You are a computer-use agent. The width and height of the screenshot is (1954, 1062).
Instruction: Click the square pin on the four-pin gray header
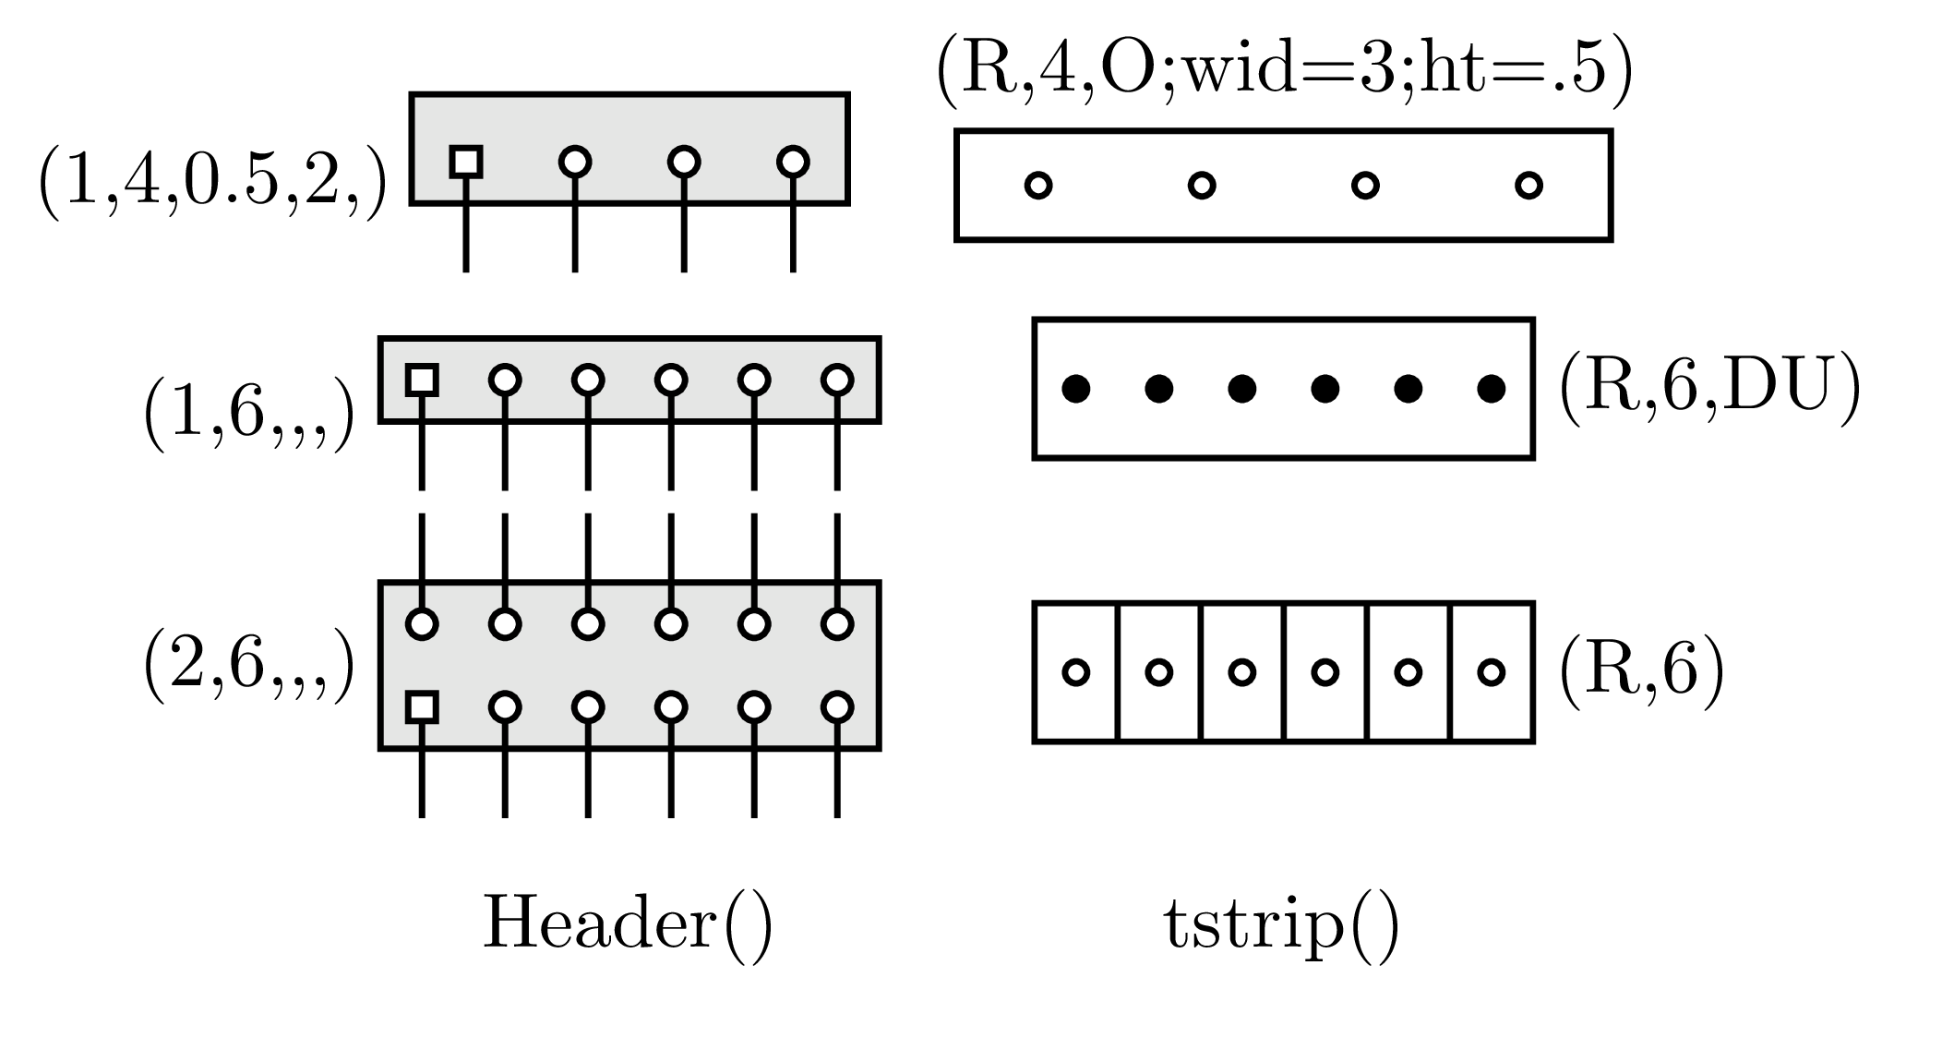tap(466, 162)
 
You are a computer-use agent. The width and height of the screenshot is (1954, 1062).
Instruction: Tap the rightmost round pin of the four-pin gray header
tap(793, 162)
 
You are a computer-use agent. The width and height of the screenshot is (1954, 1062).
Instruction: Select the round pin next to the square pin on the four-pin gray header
tap(575, 162)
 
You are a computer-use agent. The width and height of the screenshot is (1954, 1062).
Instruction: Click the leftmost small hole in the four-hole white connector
tap(1038, 186)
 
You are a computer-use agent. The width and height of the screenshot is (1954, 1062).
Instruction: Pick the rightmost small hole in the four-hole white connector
tap(1528, 186)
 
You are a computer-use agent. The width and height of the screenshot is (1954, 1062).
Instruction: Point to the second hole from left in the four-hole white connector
tap(1202, 186)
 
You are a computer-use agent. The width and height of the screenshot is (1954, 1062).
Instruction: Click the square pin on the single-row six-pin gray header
tap(422, 380)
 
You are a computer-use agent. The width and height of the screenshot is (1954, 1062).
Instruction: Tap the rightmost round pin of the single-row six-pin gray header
tap(837, 380)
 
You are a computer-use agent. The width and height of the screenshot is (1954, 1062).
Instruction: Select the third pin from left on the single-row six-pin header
tap(588, 380)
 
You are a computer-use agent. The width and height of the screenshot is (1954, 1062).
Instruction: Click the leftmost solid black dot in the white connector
tap(1076, 389)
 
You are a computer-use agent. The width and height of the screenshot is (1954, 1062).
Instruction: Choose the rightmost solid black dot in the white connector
tap(1492, 389)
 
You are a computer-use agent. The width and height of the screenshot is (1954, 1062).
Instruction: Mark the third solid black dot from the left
tap(1242, 389)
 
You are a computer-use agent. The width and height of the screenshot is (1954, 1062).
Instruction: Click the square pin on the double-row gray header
tap(422, 707)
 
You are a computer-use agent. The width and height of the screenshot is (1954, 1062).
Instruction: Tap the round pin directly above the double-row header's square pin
tap(422, 624)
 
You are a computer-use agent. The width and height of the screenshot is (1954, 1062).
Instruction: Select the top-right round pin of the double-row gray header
tap(837, 624)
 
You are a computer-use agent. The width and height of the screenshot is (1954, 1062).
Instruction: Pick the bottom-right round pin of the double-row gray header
tap(837, 707)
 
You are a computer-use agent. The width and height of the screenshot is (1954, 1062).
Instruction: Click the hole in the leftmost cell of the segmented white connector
tap(1076, 672)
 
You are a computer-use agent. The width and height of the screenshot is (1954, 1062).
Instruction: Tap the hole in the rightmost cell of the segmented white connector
tap(1492, 672)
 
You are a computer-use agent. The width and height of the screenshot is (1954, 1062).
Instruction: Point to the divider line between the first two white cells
tap(1118, 672)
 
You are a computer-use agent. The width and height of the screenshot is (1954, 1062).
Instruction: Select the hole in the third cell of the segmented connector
tap(1242, 672)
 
